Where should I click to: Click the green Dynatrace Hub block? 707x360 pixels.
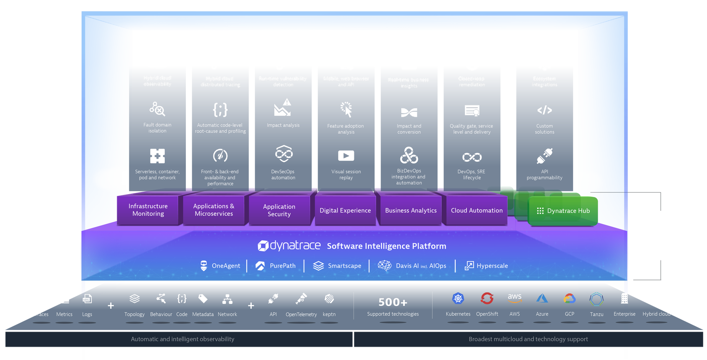pos(564,211)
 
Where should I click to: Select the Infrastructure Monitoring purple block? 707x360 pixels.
pos(148,210)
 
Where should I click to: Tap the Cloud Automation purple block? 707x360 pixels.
pos(476,210)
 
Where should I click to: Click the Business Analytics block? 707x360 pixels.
pos(411,210)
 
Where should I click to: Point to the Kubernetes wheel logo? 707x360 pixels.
pos(458,298)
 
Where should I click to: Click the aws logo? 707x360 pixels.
pos(515,297)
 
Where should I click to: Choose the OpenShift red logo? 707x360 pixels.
pos(487,298)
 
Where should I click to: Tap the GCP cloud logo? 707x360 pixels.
pos(569,298)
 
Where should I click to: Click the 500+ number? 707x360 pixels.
pos(393,302)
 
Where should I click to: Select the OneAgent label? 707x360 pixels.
pos(226,266)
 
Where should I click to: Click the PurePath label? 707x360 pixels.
pos(282,266)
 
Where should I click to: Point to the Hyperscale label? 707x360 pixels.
pos(492,266)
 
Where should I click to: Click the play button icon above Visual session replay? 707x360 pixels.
pos(346,156)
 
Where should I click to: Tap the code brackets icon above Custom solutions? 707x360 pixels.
pos(544,110)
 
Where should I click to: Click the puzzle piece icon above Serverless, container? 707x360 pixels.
pos(158,156)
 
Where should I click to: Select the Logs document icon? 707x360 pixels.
pos(87,299)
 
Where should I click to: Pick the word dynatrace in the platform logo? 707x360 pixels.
pos(295,245)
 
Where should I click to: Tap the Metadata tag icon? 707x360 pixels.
pos(203,298)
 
